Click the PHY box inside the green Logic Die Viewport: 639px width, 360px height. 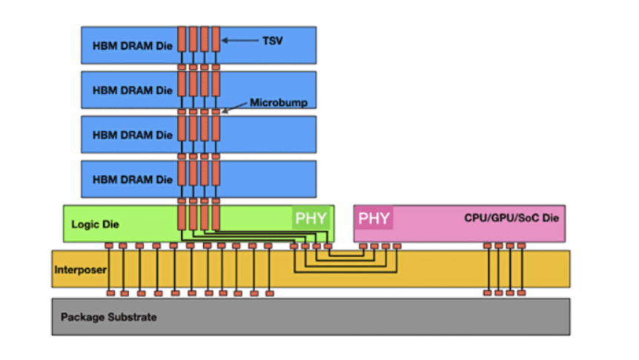pyautogui.click(x=311, y=219)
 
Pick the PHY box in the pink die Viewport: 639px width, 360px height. pyautogui.click(x=374, y=219)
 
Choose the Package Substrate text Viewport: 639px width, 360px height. pyautogui.click(x=108, y=318)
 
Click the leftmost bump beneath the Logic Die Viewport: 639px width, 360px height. pyautogui.click(x=109, y=246)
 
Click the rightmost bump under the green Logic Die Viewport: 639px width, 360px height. pyautogui.click(x=327, y=246)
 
